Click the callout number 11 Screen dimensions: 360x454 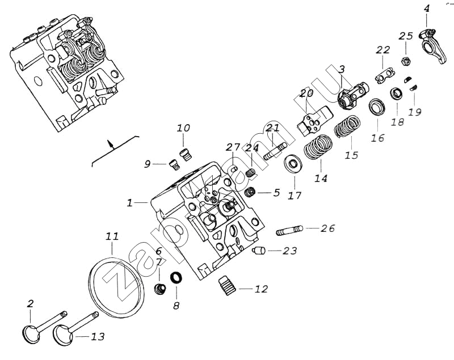coord(112,235)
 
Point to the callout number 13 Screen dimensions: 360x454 coord(98,337)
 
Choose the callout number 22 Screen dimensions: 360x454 coord(382,50)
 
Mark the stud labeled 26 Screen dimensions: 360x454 coord(289,231)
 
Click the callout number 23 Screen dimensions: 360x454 coord(289,250)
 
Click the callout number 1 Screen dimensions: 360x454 coord(130,202)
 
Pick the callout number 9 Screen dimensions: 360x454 coord(147,164)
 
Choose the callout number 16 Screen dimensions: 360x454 coord(378,138)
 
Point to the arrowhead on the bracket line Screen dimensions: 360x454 coord(112,144)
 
